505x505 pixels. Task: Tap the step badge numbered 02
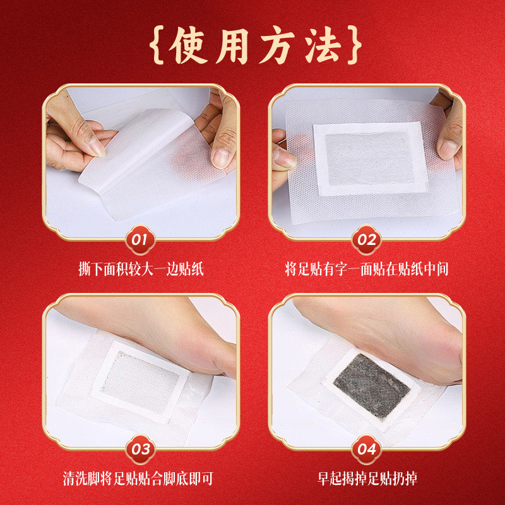[366, 240]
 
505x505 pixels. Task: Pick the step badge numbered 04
[366, 449]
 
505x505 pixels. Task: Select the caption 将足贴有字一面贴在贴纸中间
[366, 270]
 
